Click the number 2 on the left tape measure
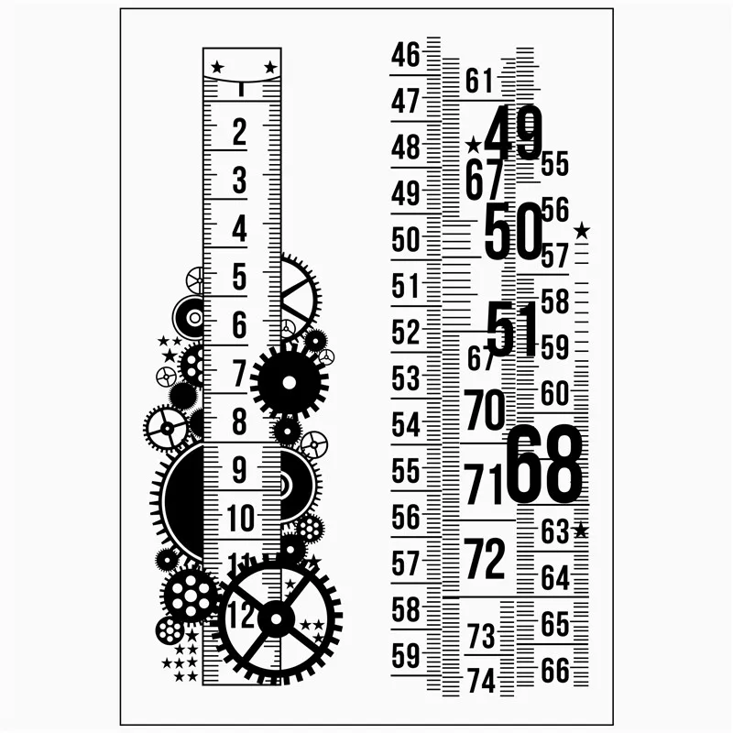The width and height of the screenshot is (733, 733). [x=239, y=132]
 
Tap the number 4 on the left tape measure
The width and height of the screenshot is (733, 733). [x=239, y=228]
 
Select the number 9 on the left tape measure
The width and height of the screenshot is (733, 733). [x=239, y=470]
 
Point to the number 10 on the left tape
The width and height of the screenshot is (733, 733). [x=241, y=518]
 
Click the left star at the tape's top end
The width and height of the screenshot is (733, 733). [x=217, y=67]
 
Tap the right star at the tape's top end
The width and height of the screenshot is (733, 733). [x=270, y=67]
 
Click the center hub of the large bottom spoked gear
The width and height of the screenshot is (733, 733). [x=277, y=619]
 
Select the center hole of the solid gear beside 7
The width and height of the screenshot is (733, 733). [x=290, y=382]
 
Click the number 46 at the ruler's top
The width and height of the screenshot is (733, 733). [x=406, y=55]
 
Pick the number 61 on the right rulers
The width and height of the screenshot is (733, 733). [x=479, y=81]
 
